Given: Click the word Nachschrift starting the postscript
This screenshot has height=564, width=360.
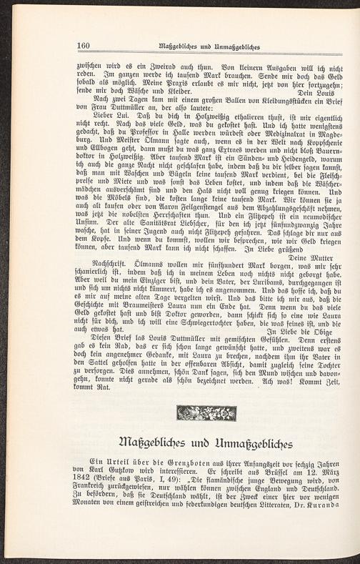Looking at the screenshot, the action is click(x=99, y=265).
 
